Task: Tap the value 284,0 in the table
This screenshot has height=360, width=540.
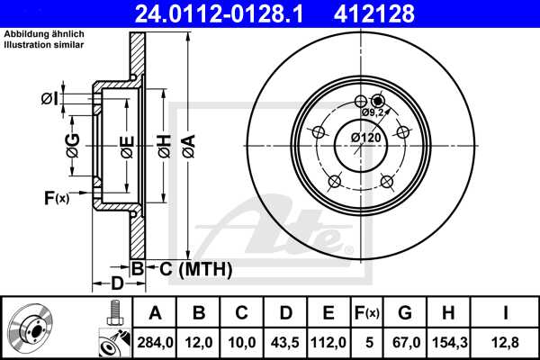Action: tap(156, 341)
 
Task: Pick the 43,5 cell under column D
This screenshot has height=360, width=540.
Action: tap(285, 341)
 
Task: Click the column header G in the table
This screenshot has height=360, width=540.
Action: tap(405, 313)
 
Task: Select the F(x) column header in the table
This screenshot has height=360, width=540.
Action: tap(367, 313)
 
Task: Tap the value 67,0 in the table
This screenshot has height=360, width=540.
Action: tap(405, 341)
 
